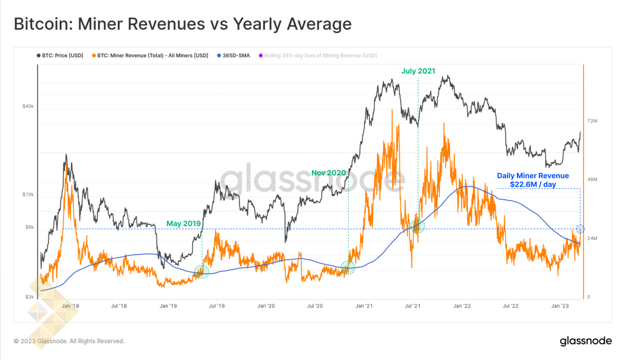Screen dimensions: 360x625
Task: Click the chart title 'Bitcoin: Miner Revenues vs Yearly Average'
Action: coord(182,24)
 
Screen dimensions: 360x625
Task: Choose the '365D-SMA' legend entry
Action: coord(236,56)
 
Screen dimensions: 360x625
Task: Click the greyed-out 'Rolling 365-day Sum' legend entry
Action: coord(320,56)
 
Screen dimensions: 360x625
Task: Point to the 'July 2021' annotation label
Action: coord(418,71)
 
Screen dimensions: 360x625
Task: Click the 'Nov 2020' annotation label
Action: coord(329,172)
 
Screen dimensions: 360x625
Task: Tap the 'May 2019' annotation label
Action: coord(182,223)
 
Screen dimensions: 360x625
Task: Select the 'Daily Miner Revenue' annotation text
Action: coord(533,176)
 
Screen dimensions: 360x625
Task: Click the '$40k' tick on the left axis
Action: coord(28,106)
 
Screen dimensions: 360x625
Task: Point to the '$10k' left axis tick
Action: coord(28,194)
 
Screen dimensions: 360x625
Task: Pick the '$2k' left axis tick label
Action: coord(29,297)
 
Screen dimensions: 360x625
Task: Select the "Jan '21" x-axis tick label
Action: coord(364,306)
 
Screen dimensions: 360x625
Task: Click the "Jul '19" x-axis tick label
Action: coord(216,306)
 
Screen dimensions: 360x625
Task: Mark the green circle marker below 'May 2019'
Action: coord(201,271)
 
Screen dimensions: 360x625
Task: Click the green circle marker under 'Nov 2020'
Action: coord(347,268)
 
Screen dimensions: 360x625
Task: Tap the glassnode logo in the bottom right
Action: coord(585,341)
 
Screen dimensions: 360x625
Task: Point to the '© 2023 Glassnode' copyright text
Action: coord(69,341)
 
